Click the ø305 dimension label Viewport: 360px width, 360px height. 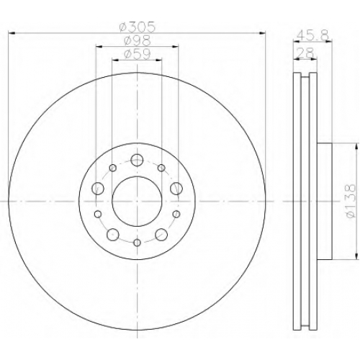[138, 27]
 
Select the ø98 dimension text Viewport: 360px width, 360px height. [138, 41]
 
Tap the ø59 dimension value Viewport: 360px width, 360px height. [138, 54]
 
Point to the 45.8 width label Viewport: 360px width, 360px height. [312, 36]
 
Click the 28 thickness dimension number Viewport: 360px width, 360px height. [305, 53]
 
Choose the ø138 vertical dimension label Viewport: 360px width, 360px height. [351, 201]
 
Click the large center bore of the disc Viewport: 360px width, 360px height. [137, 202]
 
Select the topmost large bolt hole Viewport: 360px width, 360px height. [137, 160]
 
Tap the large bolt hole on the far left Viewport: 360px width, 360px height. [98, 189]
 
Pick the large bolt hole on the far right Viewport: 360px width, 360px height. [176, 188]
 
